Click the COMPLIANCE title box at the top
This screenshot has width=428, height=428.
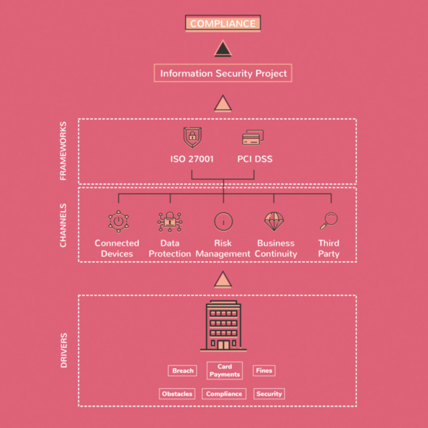pos(223,23)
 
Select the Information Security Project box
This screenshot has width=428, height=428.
pos(223,73)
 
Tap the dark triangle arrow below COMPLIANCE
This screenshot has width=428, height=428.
pos(223,49)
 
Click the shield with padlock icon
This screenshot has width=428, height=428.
pos(193,137)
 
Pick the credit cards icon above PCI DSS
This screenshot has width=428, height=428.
pos(253,137)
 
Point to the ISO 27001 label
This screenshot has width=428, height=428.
pos(192,159)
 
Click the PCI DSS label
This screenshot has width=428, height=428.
pos(255,159)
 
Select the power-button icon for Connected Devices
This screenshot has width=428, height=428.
pos(119,221)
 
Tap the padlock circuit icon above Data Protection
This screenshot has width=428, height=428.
pos(170,222)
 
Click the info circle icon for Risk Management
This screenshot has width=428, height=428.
pos(224,221)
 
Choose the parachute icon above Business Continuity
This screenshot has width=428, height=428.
pos(274,221)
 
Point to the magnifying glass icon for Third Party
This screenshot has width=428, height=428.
pos(329,221)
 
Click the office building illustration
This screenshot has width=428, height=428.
pos(224,325)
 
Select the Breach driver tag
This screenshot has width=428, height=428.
pos(182,370)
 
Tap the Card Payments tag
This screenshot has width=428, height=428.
pos(224,370)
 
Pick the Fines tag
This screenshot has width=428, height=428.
pos(264,370)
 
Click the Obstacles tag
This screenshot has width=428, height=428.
pos(177,393)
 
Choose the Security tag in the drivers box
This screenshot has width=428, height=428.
pos(269,393)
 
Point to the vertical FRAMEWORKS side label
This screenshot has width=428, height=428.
pos(63,151)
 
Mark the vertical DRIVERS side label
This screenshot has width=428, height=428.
pos(63,351)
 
